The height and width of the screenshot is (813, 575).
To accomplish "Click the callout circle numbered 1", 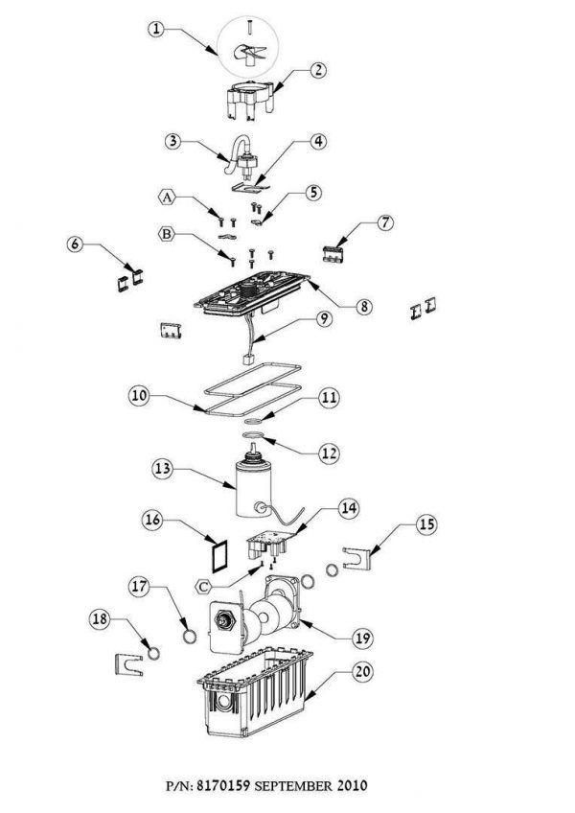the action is [156, 29].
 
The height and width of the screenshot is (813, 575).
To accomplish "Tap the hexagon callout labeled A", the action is [167, 197].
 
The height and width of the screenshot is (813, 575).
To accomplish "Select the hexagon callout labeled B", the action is [167, 234].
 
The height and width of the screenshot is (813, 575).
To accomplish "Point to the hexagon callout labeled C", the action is [205, 587].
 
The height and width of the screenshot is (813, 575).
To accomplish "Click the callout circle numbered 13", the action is [162, 469].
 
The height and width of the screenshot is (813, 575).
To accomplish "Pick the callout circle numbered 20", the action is [362, 672].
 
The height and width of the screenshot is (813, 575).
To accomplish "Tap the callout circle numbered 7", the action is [384, 223].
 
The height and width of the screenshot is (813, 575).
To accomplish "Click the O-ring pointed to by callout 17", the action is [191, 636].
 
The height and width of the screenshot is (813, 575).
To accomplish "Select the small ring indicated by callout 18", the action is [154, 654].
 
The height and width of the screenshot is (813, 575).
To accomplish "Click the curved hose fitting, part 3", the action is [240, 154].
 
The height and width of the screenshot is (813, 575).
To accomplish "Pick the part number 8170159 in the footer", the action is [224, 785].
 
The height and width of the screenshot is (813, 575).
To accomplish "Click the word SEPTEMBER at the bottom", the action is [293, 785].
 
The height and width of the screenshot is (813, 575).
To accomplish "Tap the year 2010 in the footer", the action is [352, 785].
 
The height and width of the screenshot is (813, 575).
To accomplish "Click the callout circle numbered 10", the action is [139, 396].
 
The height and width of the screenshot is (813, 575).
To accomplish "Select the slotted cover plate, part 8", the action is [252, 294].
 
